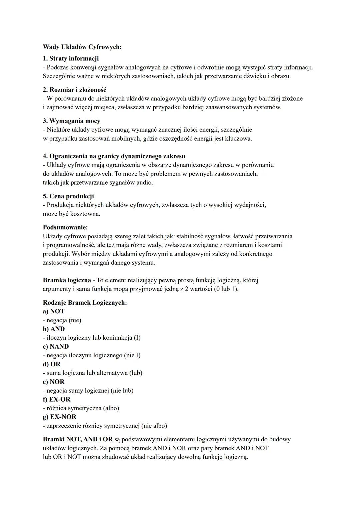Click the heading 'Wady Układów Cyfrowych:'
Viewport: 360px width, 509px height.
(x=82, y=47)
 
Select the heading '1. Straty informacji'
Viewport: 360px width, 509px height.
(x=71, y=59)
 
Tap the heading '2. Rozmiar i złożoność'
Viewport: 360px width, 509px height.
(x=75, y=90)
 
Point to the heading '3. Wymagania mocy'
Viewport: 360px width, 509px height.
(x=71, y=121)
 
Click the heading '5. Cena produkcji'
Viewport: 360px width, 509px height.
(x=68, y=196)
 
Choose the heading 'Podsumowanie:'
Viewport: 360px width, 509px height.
(x=65, y=227)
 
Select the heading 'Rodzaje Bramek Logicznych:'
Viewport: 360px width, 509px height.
(x=85, y=303)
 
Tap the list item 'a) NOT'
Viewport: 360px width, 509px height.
(x=54, y=311)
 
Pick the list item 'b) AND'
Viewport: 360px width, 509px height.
(x=54, y=329)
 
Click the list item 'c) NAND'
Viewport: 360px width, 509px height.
(x=56, y=347)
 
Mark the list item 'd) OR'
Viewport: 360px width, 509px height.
(x=52, y=364)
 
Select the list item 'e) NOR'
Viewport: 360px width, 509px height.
(x=54, y=382)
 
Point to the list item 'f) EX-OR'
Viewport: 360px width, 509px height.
(x=57, y=399)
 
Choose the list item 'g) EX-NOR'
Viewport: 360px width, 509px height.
(x=60, y=417)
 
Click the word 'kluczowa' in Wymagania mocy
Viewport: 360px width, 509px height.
(x=238, y=138)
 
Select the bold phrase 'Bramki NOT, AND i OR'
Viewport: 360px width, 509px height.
(x=78, y=439)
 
